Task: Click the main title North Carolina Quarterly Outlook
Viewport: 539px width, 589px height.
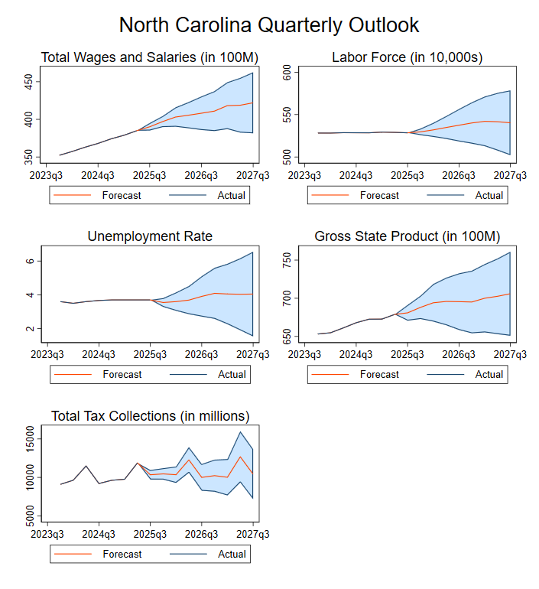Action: [x=269, y=24]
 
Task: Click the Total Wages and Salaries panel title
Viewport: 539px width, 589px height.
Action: [x=149, y=57]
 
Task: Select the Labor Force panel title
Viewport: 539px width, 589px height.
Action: [x=407, y=57]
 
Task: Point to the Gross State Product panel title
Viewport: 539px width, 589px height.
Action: [x=407, y=236]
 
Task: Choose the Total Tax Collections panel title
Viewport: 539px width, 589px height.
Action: [x=150, y=416]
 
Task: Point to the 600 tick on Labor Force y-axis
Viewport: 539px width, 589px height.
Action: [x=287, y=73]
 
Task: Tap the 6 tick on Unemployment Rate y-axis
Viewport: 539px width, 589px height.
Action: [x=29, y=261]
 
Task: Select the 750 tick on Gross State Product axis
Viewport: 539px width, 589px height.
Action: [x=287, y=261]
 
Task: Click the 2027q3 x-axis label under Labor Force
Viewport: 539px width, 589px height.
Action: [x=510, y=174]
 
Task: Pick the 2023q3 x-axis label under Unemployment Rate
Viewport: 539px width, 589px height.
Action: [x=47, y=354]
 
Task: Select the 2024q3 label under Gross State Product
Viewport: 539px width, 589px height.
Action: [x=356, y=354]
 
